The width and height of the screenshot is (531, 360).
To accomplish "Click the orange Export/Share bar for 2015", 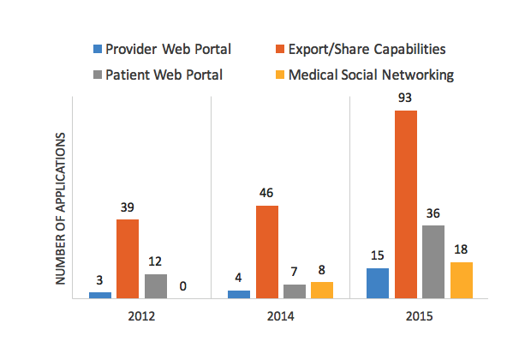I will (x=405, y=204).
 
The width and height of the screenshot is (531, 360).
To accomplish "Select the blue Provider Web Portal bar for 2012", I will (x=100, y=295).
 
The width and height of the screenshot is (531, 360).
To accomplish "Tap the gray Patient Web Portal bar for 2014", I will (x=294, y=291).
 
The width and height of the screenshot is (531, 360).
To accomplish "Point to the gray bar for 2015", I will (x=433, y=261).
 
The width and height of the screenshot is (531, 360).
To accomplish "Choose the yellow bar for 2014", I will (x=322, y=290).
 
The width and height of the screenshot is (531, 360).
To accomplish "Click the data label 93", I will (x=405, y=99).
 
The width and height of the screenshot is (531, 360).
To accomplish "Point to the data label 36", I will (x=433, y=214).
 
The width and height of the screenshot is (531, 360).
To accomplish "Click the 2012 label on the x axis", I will (x=141, y=317).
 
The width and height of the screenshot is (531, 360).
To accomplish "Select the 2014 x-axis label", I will (x=280, y=317).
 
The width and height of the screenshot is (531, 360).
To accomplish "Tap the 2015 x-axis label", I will (x=419, y=317).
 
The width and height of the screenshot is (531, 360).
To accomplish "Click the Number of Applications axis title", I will (x=61, y=209).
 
